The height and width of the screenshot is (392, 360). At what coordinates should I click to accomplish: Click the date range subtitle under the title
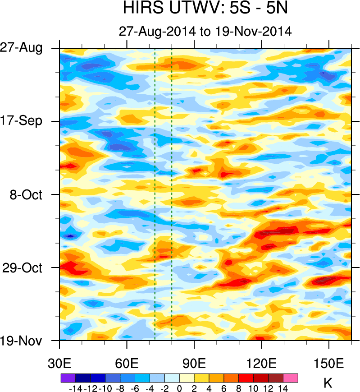(x=205, y=32)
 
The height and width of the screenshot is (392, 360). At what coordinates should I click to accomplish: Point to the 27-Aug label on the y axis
(x=27, y=48)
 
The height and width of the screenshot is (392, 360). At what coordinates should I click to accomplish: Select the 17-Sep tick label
(x=27, y=121)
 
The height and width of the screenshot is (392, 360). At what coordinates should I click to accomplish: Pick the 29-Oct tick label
(x=27, y=267)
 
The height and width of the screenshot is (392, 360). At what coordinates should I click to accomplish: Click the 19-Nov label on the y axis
(x=27, y=341)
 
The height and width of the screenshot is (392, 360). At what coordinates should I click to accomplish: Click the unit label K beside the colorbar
(x=328, y=383)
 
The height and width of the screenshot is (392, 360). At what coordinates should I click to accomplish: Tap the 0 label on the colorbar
(x=179, y=387)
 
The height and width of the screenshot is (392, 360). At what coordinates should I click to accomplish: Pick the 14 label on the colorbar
(x=283, y=387)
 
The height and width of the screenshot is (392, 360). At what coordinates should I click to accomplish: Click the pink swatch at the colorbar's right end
(x=291, y=378)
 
